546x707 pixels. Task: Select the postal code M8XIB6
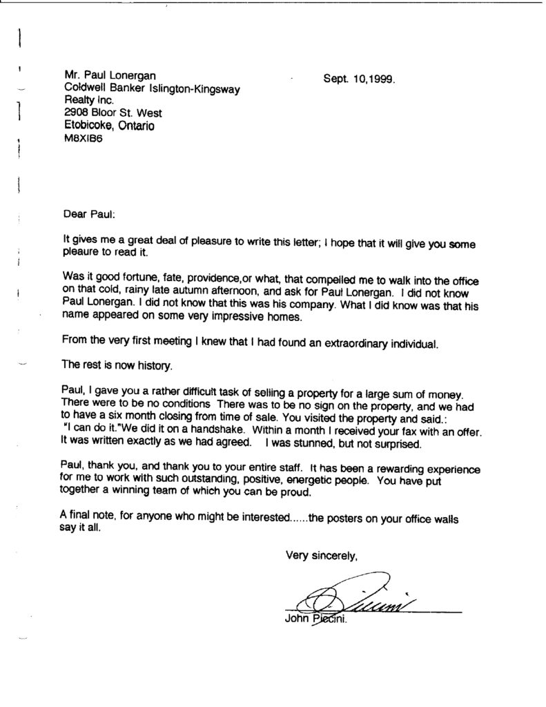(82, 138)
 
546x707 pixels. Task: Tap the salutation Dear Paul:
(87, 215)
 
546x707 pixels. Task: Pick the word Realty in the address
(78, 101)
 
